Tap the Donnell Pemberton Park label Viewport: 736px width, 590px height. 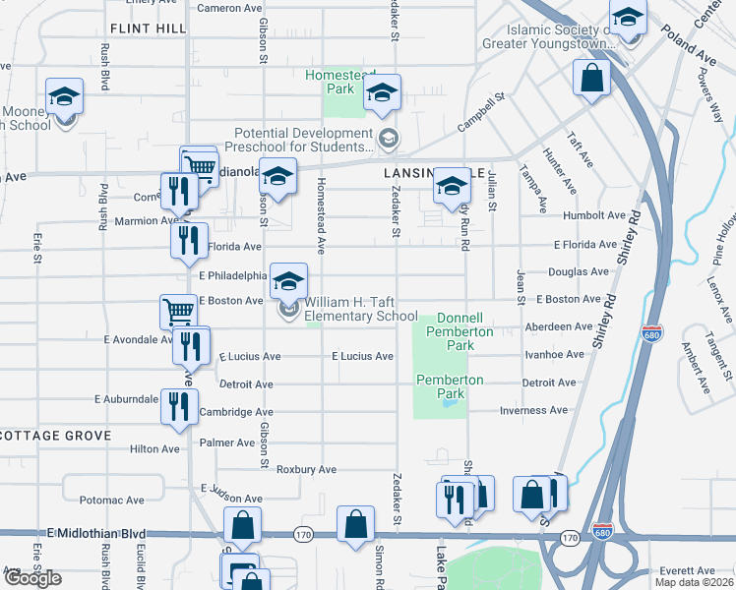tap(460, 325)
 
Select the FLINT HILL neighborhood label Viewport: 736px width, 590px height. tap(149, 29)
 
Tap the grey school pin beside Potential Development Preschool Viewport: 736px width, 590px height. tap(388, 139)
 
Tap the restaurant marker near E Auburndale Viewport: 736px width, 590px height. tap(178, 405)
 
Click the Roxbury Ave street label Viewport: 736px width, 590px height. tap(306, 470)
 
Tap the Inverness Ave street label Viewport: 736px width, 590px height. tap(533, 410)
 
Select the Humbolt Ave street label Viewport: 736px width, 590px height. tap(594, 215)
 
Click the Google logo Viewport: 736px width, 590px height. tap(33, 578)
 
